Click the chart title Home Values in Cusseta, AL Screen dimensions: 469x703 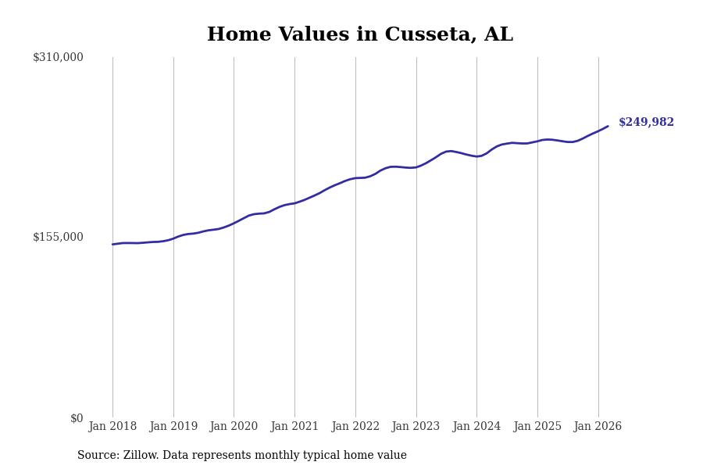(x=360, y=35)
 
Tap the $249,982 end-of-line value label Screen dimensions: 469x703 (x=646, y=123)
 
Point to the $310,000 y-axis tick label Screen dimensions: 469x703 (x=58, y=57)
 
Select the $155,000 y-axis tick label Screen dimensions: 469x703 (x=58, y=237)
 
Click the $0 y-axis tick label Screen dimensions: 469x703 (x=77, y=418)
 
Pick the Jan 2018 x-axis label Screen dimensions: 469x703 (x=112, y=427)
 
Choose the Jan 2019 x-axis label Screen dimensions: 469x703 (x=173, y=427)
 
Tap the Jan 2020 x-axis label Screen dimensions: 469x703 (x=234, y=427)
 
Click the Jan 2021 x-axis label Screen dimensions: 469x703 (x=294, y=427)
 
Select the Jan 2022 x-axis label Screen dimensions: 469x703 (x=355, y=427)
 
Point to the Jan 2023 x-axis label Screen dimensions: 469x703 (x=416, y=427)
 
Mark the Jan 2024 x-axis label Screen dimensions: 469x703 (x=476, y=427)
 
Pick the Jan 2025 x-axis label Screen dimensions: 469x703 (x=537, y=427)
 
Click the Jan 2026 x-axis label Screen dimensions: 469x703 (x=598, y=427)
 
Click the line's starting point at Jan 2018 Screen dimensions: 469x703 (x=112, y=245)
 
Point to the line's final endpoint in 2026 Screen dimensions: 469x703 (x=608, y=126)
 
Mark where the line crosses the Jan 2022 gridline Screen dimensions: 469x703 (x=355, y=178)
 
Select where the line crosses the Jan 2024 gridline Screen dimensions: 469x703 (x=476, y=156)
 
